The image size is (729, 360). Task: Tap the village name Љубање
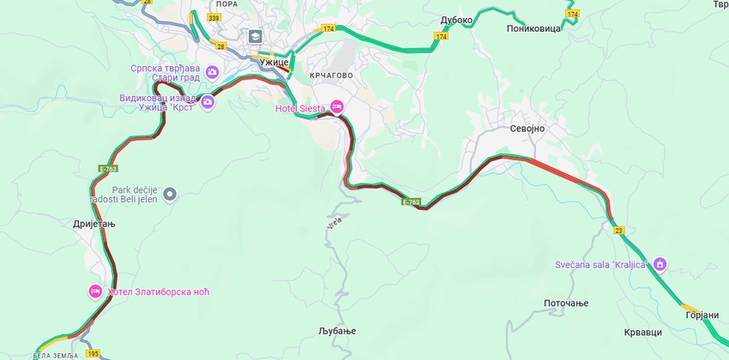(x=335, y=331)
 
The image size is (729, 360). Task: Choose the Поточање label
(x=566, y=303)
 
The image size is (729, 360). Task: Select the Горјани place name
(x=702, y=315)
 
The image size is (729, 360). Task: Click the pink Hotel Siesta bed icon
(x=337, y=105)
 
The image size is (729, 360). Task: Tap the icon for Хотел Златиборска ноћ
(x=96, y=291)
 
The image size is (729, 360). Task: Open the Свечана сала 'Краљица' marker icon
(x=660, y=263)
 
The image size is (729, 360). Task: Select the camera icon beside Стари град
(x=212, y=71)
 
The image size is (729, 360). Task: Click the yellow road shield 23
(x=618, y=230)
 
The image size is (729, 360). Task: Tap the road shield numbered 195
(x=93, y=354)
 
